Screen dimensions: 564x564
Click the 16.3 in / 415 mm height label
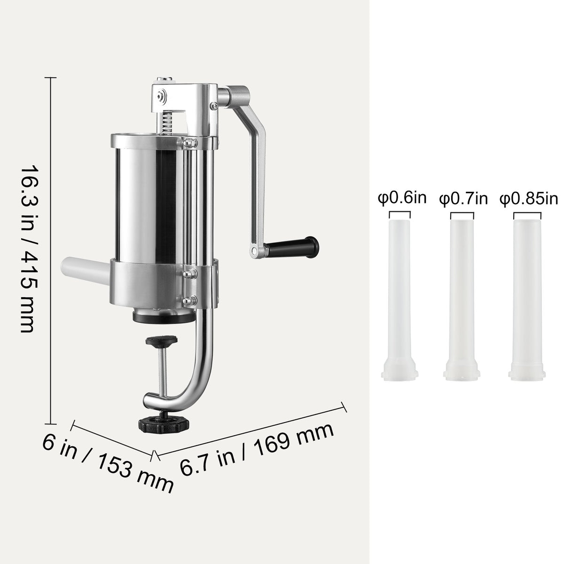pos(29,249)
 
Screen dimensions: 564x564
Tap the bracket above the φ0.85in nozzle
pos(527,214)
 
